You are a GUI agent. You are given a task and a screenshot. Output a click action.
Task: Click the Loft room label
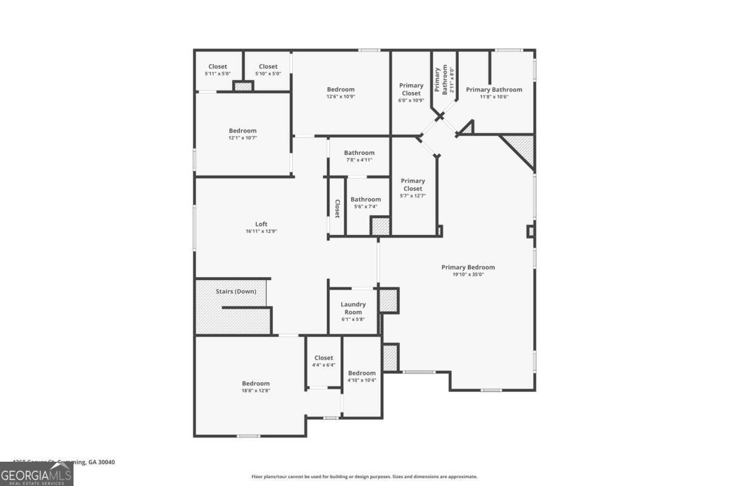click(x=261, y=224)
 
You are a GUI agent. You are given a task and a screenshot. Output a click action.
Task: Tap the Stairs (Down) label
click(x=236, y=292)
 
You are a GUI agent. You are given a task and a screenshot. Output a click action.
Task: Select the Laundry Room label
click(x=353, y=308)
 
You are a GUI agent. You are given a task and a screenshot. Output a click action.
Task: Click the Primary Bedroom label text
click(x=468, y=267)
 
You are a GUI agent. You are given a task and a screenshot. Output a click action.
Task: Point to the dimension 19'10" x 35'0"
click(x=468, y=275)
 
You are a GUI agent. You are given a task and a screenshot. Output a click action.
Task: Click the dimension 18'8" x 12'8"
click(x=256, y=391)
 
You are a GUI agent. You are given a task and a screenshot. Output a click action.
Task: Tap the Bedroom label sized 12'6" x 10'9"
click(x=340, y=89)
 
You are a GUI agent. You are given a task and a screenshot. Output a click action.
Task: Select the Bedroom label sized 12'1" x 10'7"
click(x=242, y=131)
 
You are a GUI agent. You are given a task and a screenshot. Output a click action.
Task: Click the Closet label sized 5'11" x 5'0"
click(x=217, y=67)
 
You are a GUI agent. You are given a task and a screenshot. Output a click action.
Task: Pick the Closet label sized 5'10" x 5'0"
click(x=268, y=67)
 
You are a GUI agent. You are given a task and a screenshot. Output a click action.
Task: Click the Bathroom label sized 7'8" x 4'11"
click(x=358, y=152)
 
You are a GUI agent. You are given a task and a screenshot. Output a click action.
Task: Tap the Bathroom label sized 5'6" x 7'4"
click(x=365, y=199)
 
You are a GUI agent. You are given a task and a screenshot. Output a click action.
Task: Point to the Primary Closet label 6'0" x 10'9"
click(x=411, y=89)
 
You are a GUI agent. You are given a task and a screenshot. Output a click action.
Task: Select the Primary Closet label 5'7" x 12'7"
click(x=412, y=185)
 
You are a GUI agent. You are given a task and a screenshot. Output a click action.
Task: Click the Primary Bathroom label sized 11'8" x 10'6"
click(x=494, y=89)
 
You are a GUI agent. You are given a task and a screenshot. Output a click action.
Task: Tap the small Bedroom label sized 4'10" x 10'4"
click(x=361, y=373)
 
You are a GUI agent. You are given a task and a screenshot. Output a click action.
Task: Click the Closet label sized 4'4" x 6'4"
click(x=323, y=358)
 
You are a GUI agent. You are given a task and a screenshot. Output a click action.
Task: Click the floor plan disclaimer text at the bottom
click(x=364, y=477)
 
